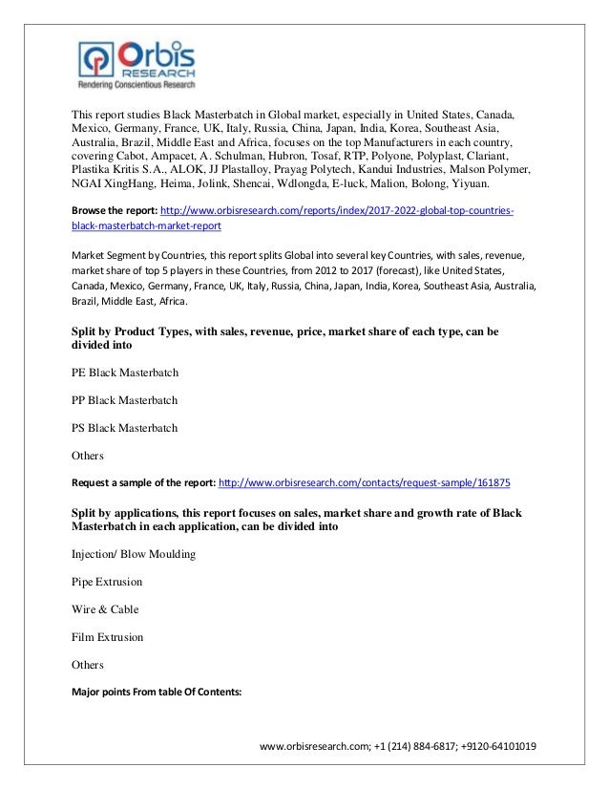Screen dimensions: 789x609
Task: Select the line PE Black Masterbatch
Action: [125, 372]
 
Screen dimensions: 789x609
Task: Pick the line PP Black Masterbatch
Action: [125, 399]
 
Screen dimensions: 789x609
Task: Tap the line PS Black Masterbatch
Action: [125, 427]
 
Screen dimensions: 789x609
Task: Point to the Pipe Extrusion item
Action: [107, 581]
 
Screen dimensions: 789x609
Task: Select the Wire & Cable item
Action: [105, 608]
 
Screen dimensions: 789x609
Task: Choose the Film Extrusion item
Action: [108, 636]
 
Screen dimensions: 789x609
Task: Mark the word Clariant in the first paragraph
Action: [489, 156]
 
